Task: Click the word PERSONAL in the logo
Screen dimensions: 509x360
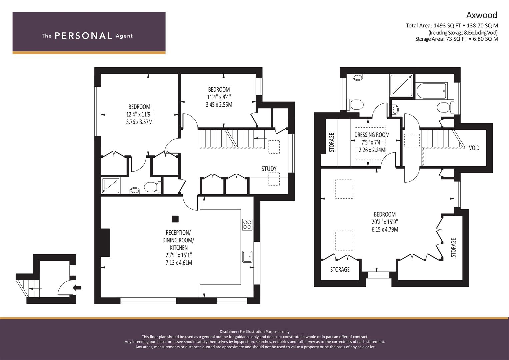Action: [83, 36]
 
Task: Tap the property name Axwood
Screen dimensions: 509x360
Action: [482, 15]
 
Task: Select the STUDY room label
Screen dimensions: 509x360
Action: [269, 169]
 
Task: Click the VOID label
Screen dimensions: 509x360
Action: [474, 148]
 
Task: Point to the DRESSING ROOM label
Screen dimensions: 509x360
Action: [372, 135]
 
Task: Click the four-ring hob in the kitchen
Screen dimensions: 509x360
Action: [247, 225]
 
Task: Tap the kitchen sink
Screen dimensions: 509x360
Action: [247, 256]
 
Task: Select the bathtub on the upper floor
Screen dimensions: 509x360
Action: [431, 91]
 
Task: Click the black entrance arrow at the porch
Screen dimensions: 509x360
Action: [77, 288]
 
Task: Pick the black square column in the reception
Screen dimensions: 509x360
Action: [175, 219]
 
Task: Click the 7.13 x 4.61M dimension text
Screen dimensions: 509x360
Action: [179, 263]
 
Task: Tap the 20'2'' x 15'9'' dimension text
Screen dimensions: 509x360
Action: [385, 222]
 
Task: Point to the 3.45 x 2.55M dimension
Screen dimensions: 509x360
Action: [219, 105]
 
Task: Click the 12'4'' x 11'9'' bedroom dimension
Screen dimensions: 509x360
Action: [139, 114]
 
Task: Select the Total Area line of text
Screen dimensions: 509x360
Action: [452, 26]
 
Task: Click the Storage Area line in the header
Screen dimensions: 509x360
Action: [457, 39]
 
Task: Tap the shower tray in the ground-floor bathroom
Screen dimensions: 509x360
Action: [111, 186]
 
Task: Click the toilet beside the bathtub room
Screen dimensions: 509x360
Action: [445, 107]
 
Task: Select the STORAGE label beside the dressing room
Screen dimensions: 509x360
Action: [332, 143]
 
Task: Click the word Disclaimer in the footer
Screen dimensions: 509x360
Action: [229, 332]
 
